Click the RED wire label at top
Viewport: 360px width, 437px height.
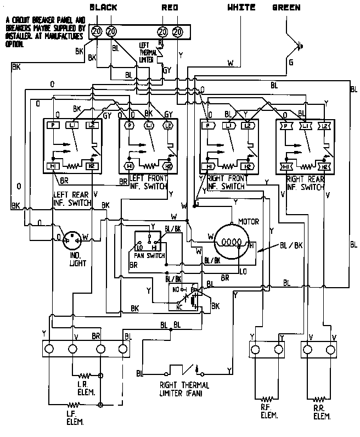coord(170,7)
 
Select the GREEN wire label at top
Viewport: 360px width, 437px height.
coord(286,7)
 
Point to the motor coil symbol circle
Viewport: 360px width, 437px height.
coord(232,240)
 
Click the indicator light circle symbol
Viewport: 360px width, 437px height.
coord(72,239)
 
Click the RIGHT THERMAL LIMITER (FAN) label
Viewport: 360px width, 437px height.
coord(184,389)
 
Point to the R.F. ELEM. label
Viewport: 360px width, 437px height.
coord(269,414)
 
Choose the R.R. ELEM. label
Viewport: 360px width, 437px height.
coord(321,414)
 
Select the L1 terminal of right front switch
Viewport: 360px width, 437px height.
coord(228,126)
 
